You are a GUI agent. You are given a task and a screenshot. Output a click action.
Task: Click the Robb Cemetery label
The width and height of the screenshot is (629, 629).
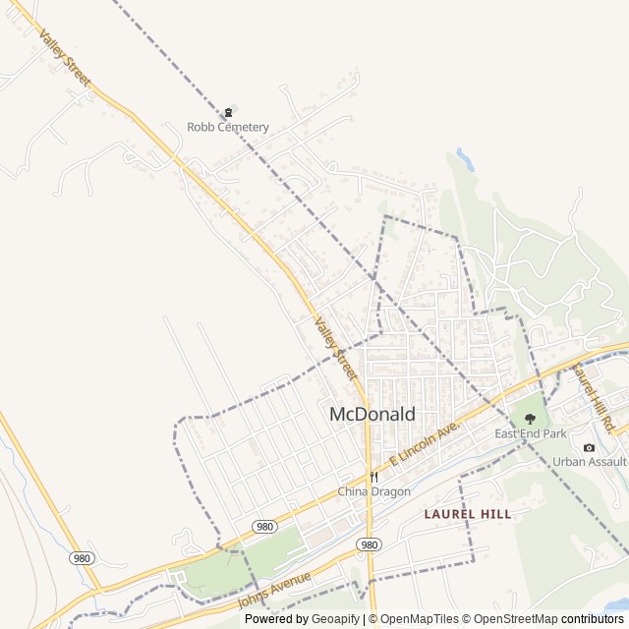click(x=228, y=127)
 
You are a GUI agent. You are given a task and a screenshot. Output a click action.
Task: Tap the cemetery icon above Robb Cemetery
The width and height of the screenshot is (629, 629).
click(x=228, y=111)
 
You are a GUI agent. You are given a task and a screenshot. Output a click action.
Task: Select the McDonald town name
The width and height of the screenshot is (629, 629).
click(x=372, y=414)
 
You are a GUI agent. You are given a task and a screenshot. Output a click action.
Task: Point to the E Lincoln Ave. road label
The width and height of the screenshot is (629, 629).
click(x=425, y=445)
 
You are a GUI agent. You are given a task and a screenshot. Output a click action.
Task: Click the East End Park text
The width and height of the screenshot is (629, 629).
click(x=531, y=433)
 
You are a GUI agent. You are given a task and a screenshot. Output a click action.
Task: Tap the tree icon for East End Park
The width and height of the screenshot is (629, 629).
click(x=531, y=419)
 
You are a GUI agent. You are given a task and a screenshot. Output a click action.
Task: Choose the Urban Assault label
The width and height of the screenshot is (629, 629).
click(x=589, y=461)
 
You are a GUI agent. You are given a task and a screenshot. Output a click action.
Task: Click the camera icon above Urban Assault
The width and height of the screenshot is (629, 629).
click(x=589, y=447)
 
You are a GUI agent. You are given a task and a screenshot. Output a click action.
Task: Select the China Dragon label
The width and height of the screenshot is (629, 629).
click(x=373, y=491)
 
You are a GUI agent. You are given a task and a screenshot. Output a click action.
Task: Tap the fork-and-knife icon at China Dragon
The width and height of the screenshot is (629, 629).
click(x=373, y=478)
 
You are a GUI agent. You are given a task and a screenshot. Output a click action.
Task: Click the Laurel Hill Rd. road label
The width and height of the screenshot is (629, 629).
click(x=593, y=396)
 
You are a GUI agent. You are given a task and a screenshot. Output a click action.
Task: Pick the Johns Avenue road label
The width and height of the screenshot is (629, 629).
click(x=274, y=590)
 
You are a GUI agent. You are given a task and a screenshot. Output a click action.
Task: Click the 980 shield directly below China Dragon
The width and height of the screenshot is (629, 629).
click(x=369, y=543)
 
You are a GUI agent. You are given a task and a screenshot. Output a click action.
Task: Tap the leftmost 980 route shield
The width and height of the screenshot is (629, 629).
click(x=81, y=557)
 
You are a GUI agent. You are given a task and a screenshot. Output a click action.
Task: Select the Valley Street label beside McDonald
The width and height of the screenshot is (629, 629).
click(x=336, y=349)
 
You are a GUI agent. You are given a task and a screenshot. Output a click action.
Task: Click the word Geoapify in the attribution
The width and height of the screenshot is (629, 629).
click(x=336, y=619)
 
